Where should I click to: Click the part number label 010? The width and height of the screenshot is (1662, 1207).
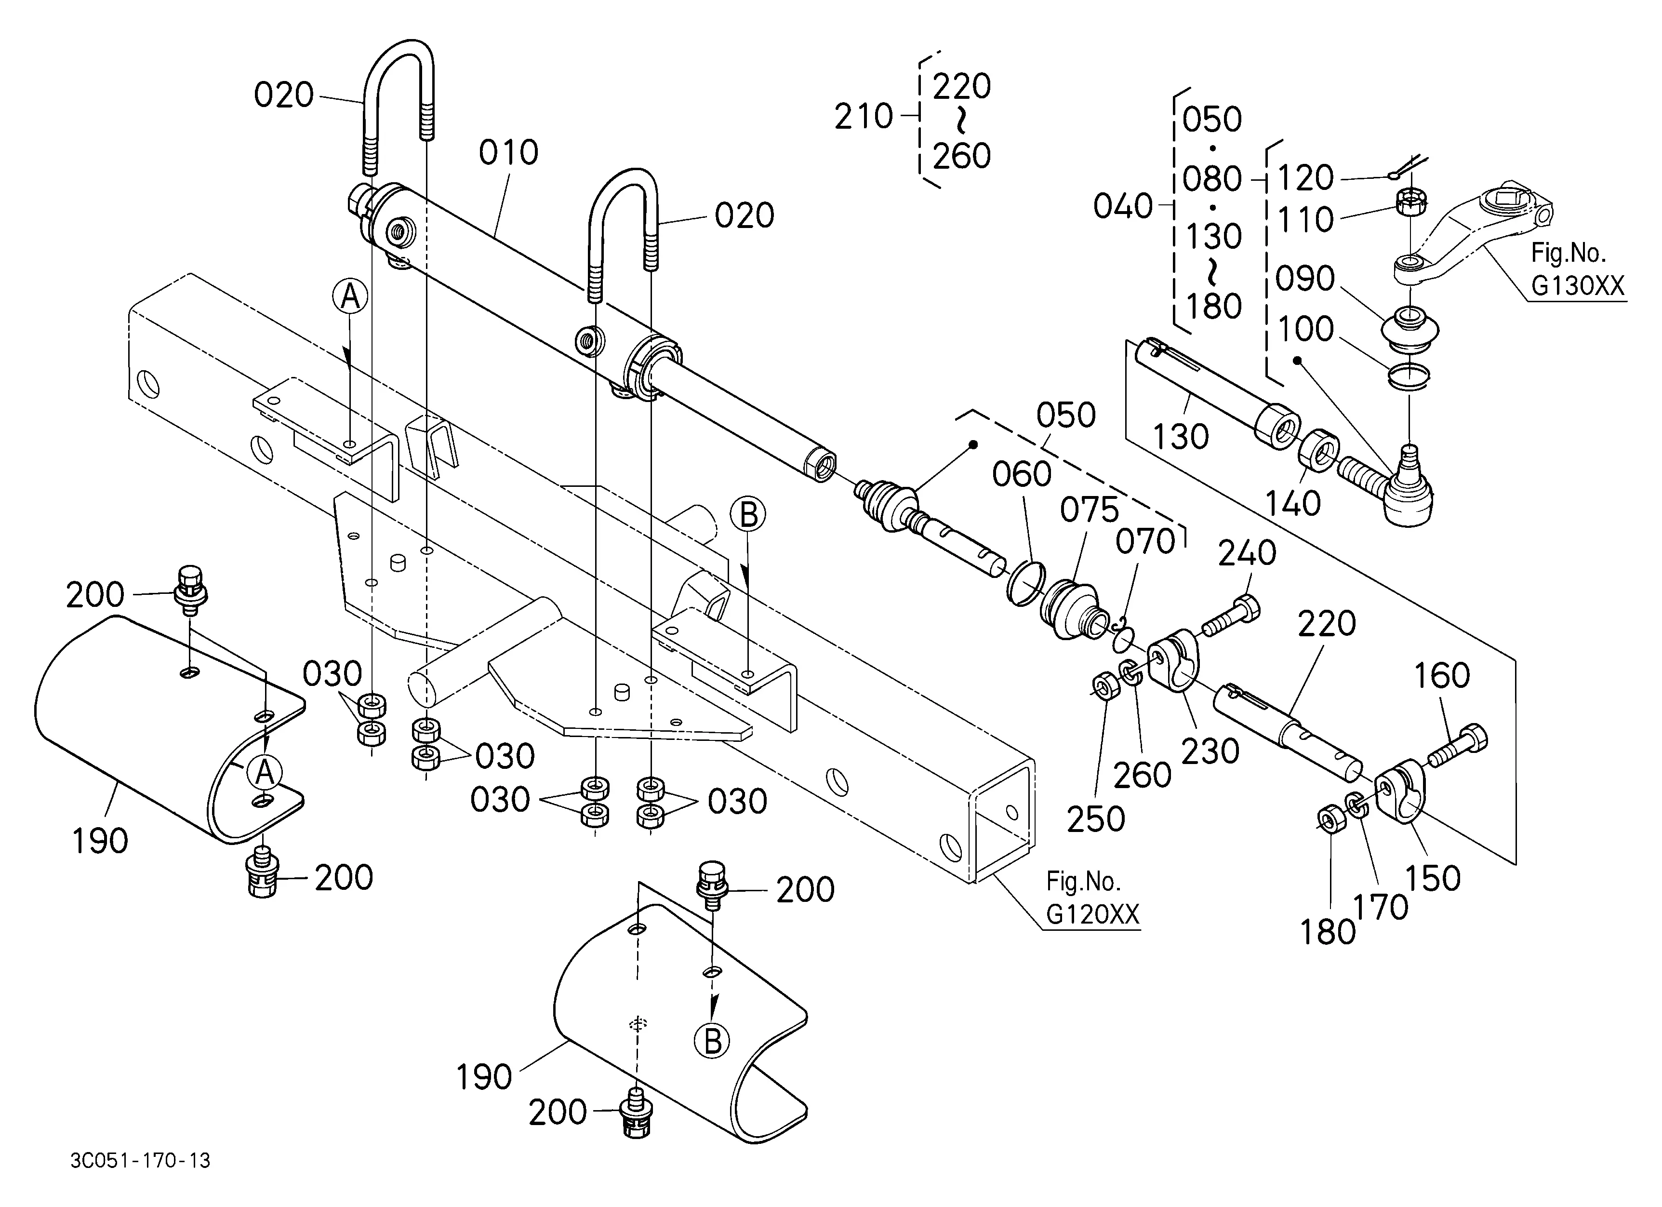click(x=508, y=152)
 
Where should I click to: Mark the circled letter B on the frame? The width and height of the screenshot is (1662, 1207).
click(x=748, y=514)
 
